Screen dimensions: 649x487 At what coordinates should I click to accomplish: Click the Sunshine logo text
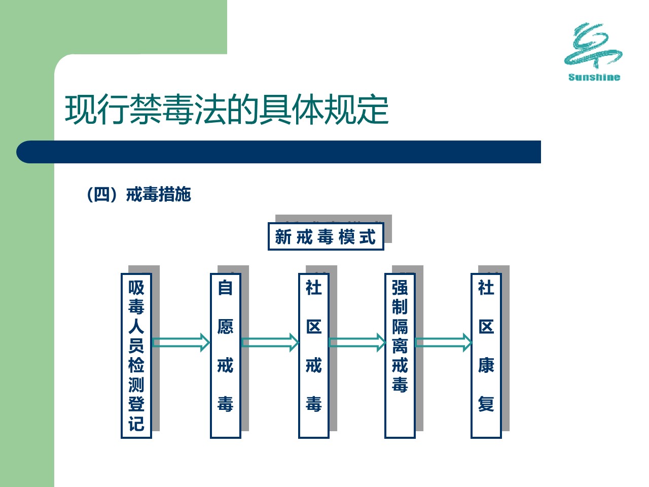pyautogui.click(x=594, y=77)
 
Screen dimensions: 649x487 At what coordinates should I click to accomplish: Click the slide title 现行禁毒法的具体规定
pyautogui.click(x=227, y=110)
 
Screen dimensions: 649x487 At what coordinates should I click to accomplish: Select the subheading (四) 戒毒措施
pyautogui.click(x=139, y=194)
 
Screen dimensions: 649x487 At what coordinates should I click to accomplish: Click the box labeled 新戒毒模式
pyautogui.click(x=326, y=236)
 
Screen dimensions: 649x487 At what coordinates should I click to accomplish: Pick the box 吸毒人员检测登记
pyautogui.click(x=136, y=356)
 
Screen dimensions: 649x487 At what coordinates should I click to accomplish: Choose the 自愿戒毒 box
pyautogui.click(x=225, y=356)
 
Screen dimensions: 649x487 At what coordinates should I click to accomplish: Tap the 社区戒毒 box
pyautogui.click(x=314, y=356)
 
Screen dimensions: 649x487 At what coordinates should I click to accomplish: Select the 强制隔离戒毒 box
pyautogui.click(x=400, y=356)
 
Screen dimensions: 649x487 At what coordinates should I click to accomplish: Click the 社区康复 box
pyautogui.click(x=486, y=356)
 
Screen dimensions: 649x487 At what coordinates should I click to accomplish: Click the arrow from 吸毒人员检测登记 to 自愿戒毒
pyautogui.click(x=181, y=343)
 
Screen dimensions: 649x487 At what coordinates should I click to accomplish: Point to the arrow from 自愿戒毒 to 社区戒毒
pyautogui.click(x=270, y=343)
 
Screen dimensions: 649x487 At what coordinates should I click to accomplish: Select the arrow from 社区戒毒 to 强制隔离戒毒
pyautogui.click(x=357, y=343)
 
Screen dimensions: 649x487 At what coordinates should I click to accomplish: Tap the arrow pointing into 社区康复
pyautogui.click(x=444, y=343)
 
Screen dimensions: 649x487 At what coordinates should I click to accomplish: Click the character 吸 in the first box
pyautogui.click(x=136, y=288)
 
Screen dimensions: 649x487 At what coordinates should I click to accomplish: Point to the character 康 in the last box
pyautogui.click(x=486, y=365)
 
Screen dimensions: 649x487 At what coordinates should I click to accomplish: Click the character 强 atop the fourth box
pyautogui.click(x=400, y=288)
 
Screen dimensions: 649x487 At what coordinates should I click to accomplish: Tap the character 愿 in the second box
pyautogui.click(x=225, y=326)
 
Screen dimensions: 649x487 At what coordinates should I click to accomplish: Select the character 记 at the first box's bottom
pyautogui.click(x=136, y=424)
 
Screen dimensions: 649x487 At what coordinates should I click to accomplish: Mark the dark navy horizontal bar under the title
pyautogui.click(x=278, y=152)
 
